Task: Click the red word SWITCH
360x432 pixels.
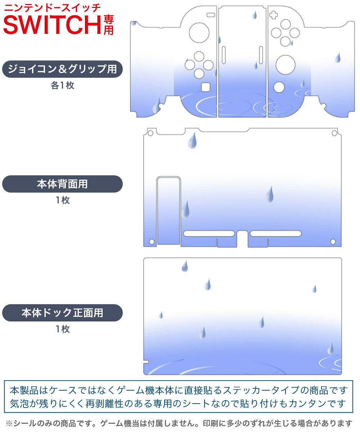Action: pos(52,24)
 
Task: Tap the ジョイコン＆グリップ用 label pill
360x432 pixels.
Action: pos(62,69)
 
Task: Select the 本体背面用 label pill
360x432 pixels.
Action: pos(62,184)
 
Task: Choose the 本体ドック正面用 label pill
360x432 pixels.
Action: pos(62,312)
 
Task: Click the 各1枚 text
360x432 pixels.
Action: pos(62,86)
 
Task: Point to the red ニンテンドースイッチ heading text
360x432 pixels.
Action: pos(52,8)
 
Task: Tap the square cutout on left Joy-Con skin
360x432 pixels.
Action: pos(206,87)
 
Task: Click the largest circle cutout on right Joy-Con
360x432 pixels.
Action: pos(285,65)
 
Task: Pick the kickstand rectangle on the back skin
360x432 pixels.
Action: pos(168,211)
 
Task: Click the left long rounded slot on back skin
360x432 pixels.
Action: pos(209,234)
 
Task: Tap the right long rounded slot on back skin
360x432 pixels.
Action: pos(276,234)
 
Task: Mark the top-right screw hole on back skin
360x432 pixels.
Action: pos(334,134)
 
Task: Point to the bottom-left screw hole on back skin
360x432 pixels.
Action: pos(152,242)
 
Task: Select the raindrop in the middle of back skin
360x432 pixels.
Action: pos(269,194)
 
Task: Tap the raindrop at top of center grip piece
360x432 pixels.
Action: pos(255,15)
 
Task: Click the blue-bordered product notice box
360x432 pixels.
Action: pos(179,396)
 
